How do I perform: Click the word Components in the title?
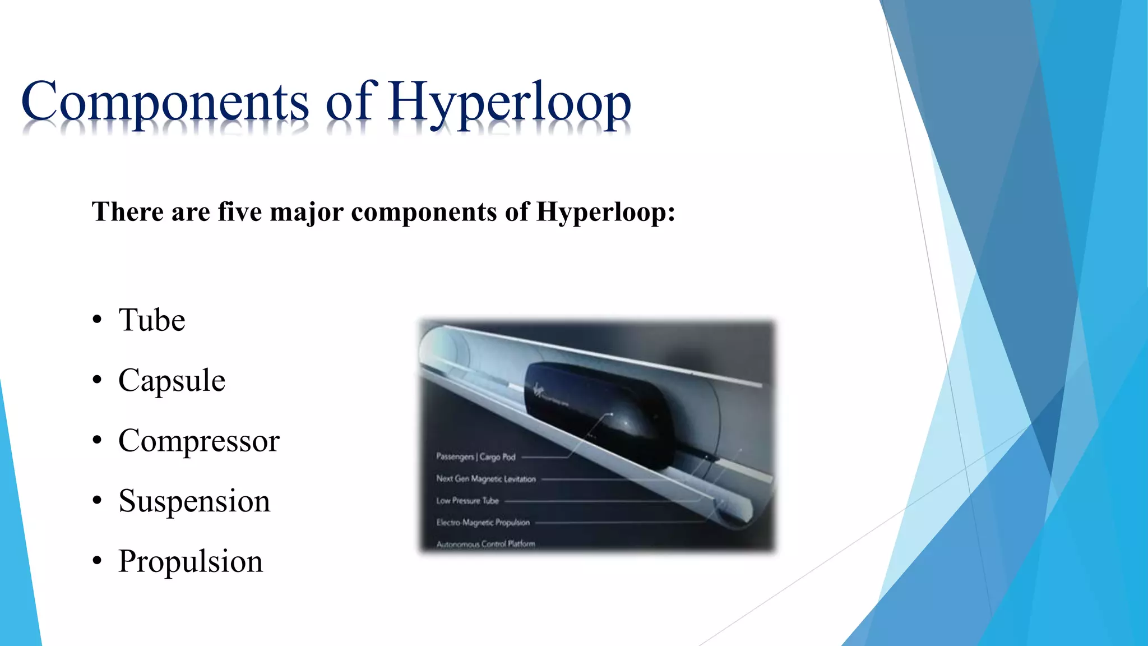pyautogui.click(x=165, y=102)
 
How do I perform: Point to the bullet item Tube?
pyautogui.click(x=151, y=320)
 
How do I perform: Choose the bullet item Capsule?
pyautogui.click(x=172, y=381)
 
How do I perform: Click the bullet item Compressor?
pyautogui.click(x=198, y=441)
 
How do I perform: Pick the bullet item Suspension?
pyautogui.click(x=194, y=501)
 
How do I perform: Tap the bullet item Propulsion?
pyautogui.click(x=190, y=561)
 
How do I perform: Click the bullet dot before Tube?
pyautogui.click(x=98, y=320)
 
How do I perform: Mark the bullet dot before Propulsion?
pyautogui.click(x=98, y=561)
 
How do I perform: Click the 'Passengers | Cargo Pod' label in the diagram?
pyautogui.click(x=475, y=457)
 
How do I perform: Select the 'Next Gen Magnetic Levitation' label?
pyautogui.click(x=486, y=479)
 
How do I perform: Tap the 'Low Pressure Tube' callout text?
pyautogui.click(x=467, y=501)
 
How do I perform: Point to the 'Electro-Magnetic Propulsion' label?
pyautogui.click(x=483, y=523)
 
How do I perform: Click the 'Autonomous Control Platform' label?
pyautogui.click(x=485, y=543)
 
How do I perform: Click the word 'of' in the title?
pyautogui.click(x=348, y=102)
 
